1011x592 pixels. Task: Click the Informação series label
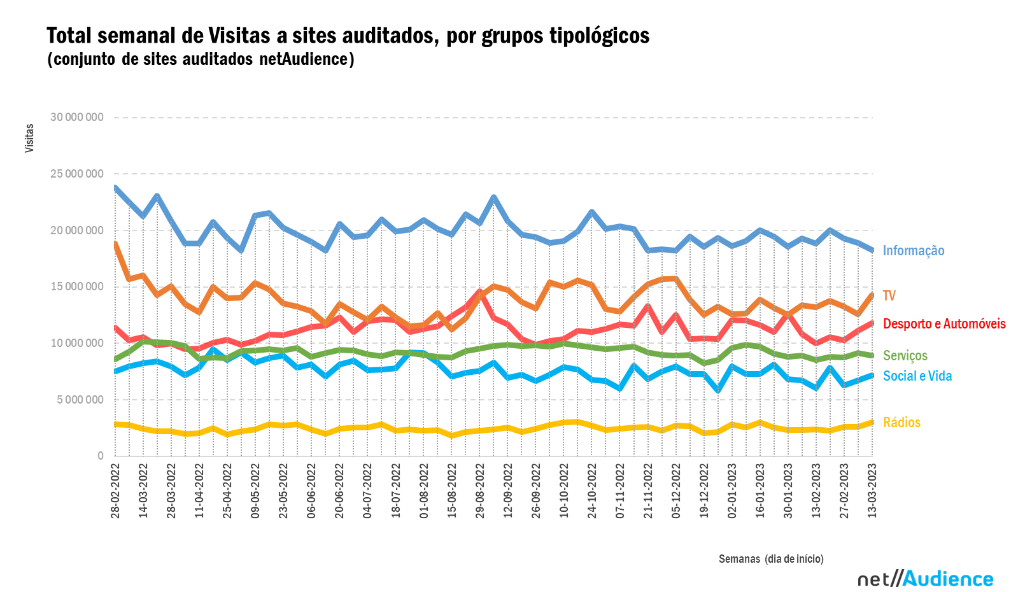click(x=913, y=251)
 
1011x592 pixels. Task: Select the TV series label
click(x=889, y=296)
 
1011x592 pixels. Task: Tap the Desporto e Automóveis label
click(x=944, y=324)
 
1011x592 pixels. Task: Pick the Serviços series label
click(x=905, y=356)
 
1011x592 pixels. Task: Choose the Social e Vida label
click(x=917, y=376)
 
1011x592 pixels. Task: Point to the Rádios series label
click(x=901, y=423)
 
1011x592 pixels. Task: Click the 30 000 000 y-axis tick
click(x=76, y=117)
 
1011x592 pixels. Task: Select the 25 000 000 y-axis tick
click(x=76, y=174)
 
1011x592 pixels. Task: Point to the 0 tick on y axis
click(x=100, y=456)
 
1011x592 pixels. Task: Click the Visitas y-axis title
click(x=29, y=138)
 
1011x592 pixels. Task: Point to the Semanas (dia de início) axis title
click(x=771, y=559)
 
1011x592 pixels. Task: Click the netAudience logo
click(x=925, y=579)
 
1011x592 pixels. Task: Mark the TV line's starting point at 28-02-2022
click(x=115, y=244)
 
